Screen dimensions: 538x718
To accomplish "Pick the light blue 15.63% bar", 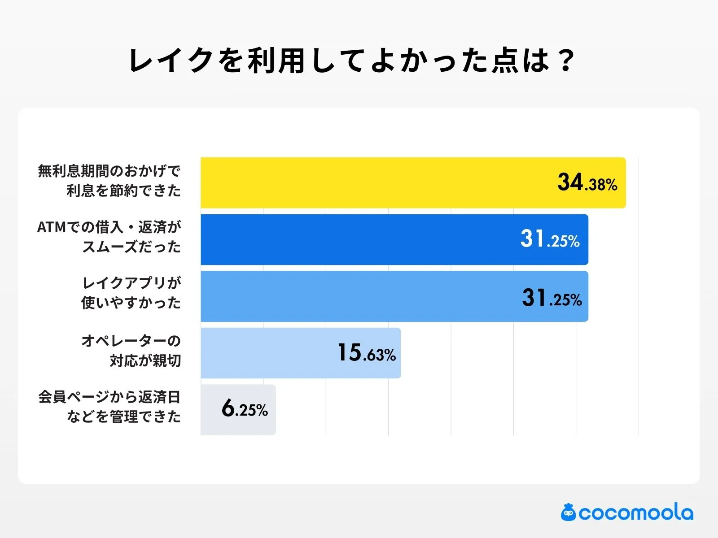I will pyautogui.click(x=269, y=353).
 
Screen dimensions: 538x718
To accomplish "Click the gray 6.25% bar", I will pyautogui.click(x=211, y=410).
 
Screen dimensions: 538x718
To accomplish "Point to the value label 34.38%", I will pyautogui.click(x=587, y=182).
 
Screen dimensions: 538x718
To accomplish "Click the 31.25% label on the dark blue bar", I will pyautogui.click(x=550, y=239).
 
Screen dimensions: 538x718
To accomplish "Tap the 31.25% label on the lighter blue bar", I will pyautogui.click(x=552, y=298).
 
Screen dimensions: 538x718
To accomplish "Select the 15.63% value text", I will pyautogui.click(x=366, y=353).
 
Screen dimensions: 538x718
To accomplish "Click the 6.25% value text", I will pyautogui.click(x=245, y=408).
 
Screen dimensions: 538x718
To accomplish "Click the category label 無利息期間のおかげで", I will pyautogui.click(x=109, y=171).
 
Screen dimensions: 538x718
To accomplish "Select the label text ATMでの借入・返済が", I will pyautogui.click(x=109, y=227).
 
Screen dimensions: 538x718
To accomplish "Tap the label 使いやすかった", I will pyautogui.click(x=131, y=303).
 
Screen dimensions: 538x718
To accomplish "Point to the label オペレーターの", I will pyautogui.click(x=131, y=341).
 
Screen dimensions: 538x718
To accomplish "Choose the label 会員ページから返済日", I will pyautogui.click(x=109, y=397).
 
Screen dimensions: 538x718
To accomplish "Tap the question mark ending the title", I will pyautogui.click(x=567, y=61).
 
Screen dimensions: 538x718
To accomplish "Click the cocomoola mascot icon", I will pyautogui.click(x=568, y=512).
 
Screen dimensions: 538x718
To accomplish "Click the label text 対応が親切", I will pyautogui.click(x=145, y=360).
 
